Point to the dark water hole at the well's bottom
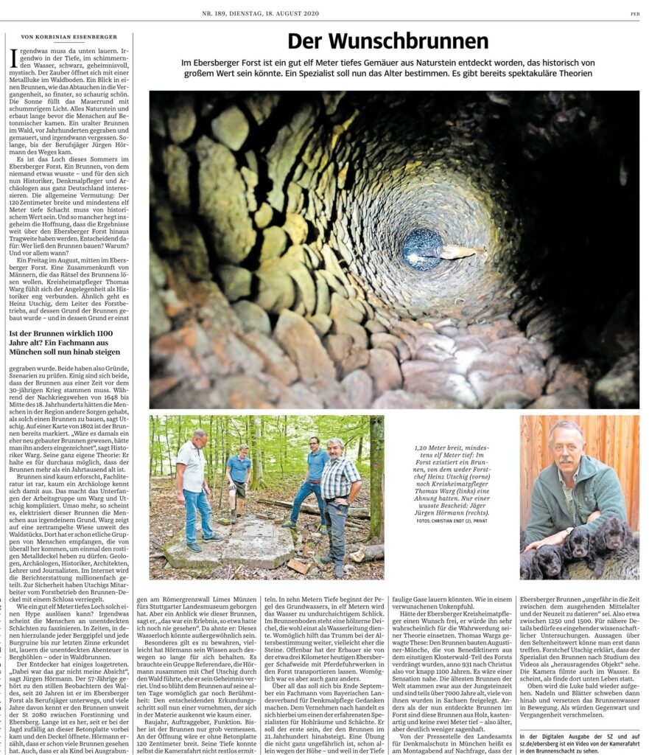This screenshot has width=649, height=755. [423, 248]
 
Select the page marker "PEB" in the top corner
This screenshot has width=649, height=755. [634, 13]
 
